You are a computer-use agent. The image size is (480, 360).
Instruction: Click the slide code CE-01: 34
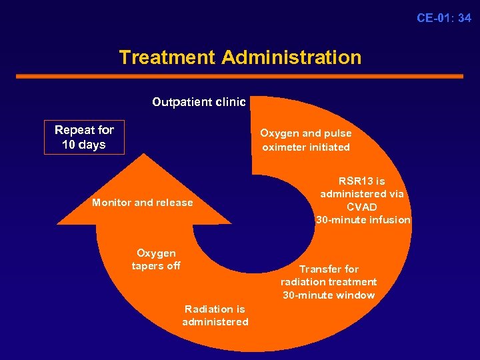[x=443, y=18]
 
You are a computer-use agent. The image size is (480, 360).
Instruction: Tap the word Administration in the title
[x=291, y=57]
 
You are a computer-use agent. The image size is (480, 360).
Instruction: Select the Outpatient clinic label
[x=199, y=102]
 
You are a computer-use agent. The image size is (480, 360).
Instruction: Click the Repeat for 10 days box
[x=84, y=137]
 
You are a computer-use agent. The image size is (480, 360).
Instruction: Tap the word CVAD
[x=362, y=207]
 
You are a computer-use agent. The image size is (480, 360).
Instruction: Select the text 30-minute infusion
[x=363, y=220]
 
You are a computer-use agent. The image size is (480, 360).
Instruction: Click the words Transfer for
[x=329, y=269]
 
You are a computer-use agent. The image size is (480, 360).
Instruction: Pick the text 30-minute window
[x=329, y=295]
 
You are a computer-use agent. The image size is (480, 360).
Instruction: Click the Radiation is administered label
[x=215, y=315]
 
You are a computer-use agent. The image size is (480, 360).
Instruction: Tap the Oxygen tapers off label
[x=156, y=259]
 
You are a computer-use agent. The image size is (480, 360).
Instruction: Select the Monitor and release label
[x=143, y=203]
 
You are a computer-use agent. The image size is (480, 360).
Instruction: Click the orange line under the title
[x=239, y=77]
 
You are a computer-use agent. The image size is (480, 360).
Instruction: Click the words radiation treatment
[x=329, y=282]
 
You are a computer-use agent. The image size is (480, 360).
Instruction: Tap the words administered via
[x=362, y=194]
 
